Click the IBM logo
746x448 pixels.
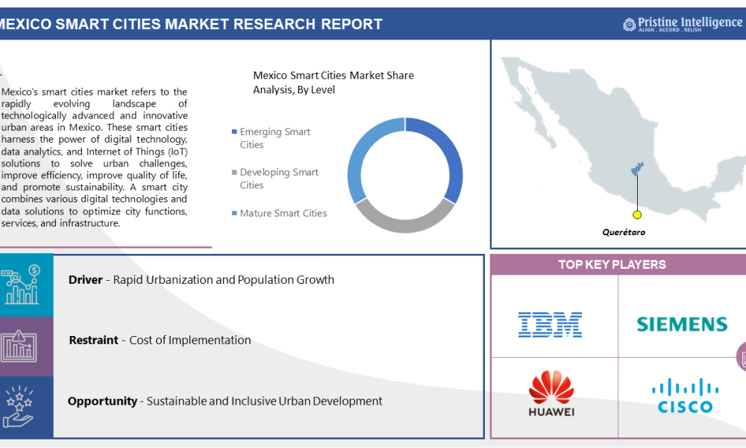(x=550, y=324)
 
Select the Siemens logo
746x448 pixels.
(x=682, y=324)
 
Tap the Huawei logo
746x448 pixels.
(x=551, y=393)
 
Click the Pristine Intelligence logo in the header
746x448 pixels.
(x=683, y=24)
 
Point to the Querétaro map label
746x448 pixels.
(x=624, y=232)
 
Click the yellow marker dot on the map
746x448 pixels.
(x=637, y=214)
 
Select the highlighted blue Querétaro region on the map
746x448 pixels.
(x=637, y=169)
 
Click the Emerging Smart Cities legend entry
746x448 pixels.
(x=273, y=138)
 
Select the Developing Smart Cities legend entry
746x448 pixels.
(x=278, y=178)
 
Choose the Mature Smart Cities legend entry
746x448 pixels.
(x=282, y=214)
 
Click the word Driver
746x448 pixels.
(x=85, y=280)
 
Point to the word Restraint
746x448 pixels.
(x=93, y=340)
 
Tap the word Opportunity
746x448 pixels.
(x=102, y=401)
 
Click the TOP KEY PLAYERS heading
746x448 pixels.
(x=612, y=265)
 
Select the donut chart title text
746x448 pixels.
(x=333, y=82)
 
